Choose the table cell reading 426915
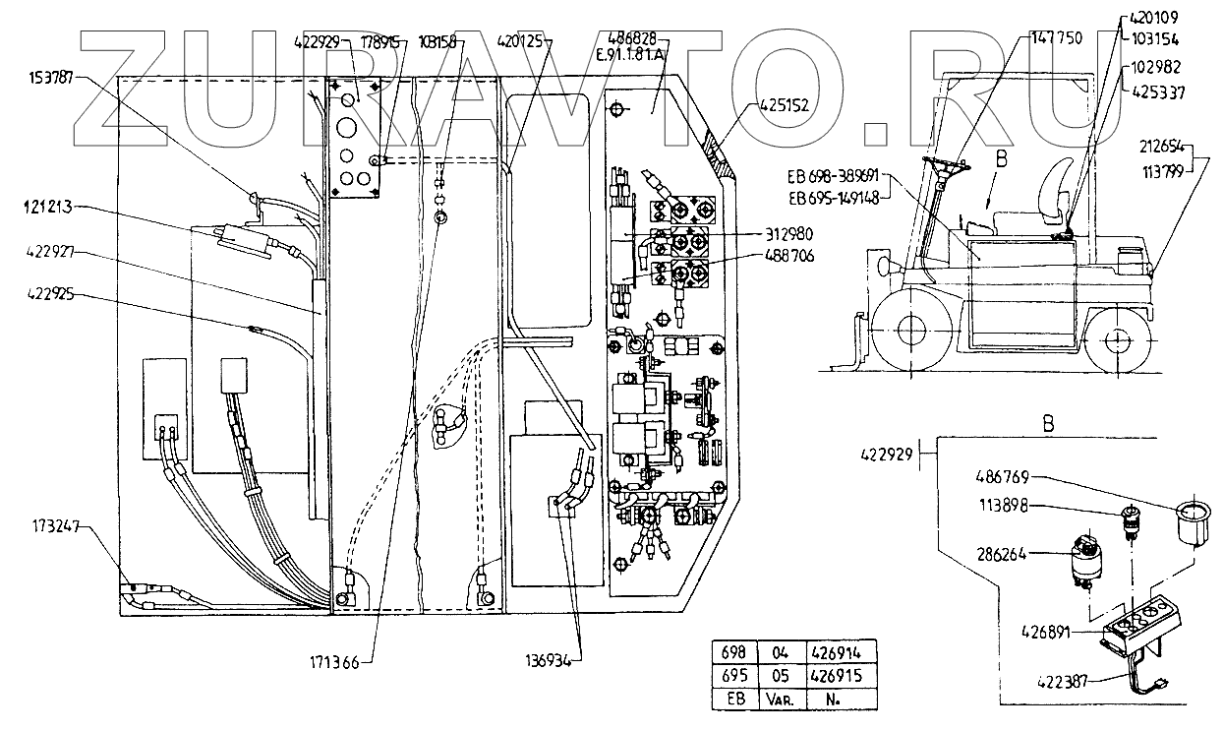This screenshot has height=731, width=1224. (x=839, y=677)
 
